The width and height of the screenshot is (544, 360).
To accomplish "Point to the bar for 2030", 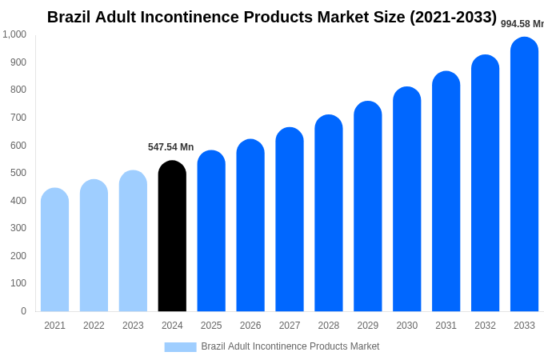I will [406, 199].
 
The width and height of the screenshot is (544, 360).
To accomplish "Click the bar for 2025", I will [211, 231].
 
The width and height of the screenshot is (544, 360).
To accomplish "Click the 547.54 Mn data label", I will [170, 147].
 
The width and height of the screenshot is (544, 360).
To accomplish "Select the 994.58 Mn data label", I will [522, 24].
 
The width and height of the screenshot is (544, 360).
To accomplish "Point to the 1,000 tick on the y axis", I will [14, 34].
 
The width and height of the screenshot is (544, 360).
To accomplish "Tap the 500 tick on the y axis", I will [18, 173].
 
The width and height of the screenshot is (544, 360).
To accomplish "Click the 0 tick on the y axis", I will [23, 311].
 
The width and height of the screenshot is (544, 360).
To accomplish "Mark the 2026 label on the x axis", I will [250, 326].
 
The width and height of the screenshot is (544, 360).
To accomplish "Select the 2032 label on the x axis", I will [485, 326].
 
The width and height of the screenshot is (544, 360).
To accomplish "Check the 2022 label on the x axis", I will [94, 326].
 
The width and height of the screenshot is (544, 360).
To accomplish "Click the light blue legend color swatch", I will [180, 347].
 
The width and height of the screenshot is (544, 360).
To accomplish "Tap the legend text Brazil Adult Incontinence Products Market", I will [290, 346].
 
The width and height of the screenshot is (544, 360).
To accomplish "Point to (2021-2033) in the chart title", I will [453, 17].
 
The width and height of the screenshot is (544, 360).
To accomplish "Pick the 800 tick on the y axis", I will [18, 90].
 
